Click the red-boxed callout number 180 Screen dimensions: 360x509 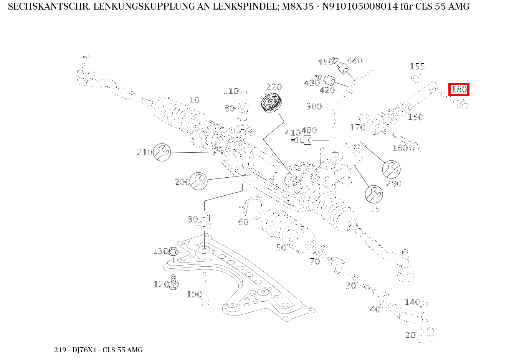point(459,90)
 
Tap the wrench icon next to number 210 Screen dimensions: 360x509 point(162,152)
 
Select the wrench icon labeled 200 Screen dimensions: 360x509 point(198,181)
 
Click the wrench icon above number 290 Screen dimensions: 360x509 point(392,169)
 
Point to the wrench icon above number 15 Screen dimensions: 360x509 point(374,194)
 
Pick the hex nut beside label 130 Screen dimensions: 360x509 point(173,252)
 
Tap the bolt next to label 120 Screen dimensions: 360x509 point(173,282)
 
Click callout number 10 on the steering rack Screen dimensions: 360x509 point(195,100)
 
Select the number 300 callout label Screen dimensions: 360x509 point(314,106)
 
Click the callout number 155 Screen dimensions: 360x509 point(417,66)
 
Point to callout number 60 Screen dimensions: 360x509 point(243,222)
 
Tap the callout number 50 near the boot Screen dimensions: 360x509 point(281,248)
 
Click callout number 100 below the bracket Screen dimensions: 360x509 point(194,294)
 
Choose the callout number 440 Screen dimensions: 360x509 point(354,61)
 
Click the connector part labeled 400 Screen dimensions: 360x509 point(307,140)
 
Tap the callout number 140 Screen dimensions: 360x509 point(412,302)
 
